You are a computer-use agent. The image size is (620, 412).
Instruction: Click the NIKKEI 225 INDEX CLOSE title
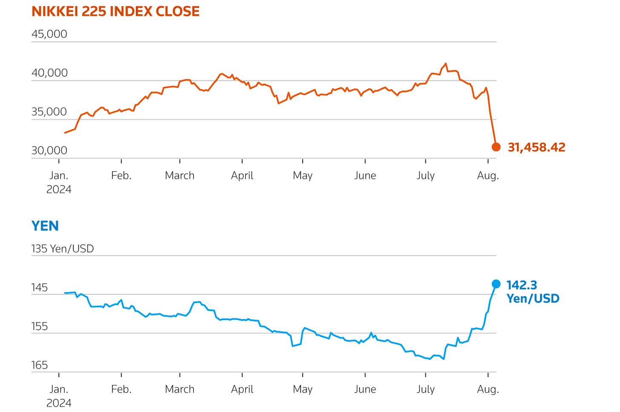[115, 11]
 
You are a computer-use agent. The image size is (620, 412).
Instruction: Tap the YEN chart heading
[45, 226]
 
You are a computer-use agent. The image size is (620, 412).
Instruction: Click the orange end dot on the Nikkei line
[496, 147]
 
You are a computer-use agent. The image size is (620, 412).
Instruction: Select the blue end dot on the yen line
[496, 284]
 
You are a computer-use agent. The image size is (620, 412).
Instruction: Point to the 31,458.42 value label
[537, 148]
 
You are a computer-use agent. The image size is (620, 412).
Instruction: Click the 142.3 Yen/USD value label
[533, 292]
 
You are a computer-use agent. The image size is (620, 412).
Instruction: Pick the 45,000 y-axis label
[49, 34]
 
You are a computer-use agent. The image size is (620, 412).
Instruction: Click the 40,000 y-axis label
[49, 73]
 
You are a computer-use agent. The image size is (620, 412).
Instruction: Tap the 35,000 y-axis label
[49, 112]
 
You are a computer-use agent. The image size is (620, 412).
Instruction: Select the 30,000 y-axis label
[49, 151]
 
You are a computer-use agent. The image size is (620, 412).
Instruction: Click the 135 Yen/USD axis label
[63, 249]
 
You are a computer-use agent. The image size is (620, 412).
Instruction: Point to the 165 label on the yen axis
[40, 365]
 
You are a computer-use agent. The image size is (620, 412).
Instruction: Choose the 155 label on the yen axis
[40, 326]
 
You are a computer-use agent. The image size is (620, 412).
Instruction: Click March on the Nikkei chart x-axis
[180, 175]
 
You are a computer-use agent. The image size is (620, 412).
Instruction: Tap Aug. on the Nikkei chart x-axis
[488, 176]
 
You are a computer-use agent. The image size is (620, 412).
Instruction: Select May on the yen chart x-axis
[302, 389]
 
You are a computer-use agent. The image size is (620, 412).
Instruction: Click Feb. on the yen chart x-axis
[121, 389]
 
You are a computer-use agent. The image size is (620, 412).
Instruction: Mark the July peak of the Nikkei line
[445, 64]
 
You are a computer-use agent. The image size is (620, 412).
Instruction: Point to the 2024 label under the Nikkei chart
[59, 189]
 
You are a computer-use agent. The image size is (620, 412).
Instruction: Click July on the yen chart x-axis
[425, 389]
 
